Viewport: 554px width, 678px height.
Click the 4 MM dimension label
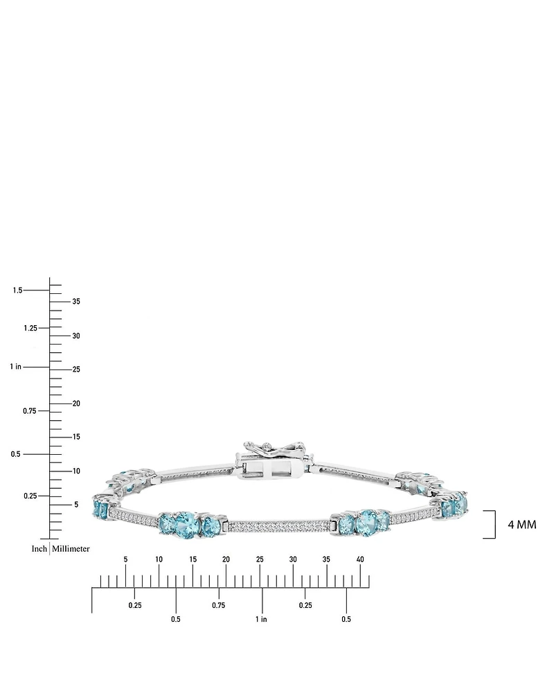[521, 525]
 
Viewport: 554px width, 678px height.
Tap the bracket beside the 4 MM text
[492, 524]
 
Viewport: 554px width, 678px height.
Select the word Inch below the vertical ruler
[39, 548]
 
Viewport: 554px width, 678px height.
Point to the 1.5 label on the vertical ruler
[17, 290]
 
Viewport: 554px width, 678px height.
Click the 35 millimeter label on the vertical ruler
[76, 302]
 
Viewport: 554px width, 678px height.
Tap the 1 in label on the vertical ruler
[15, 366]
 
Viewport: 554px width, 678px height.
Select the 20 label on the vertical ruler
[76, 403]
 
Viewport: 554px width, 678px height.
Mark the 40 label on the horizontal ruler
[360, 559]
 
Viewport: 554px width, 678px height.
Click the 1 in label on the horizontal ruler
[261, 619]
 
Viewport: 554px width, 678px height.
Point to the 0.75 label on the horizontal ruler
[219, 605]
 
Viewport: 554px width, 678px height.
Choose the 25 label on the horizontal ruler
[260, 559]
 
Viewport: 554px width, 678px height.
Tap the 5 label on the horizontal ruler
[125, 559]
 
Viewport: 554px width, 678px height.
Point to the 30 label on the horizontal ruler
[293, 559]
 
